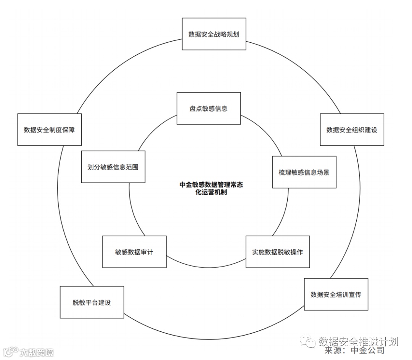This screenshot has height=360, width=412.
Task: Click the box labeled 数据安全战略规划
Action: [x=214, y=34]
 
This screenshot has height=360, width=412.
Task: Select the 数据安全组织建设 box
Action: [x=352, y=130]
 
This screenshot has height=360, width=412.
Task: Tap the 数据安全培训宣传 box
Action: [x=336, y=294]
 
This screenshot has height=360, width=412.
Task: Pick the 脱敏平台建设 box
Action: [x=92, y=302]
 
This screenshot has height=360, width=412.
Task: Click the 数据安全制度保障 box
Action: [x=49, y=130]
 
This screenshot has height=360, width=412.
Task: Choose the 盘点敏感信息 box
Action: [x=208, y=108]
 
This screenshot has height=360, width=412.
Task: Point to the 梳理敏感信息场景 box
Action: [x=304, y=172]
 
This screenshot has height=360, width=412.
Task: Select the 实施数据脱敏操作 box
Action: [x=277, y=252]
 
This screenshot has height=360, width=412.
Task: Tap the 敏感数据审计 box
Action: [x=134, y=252]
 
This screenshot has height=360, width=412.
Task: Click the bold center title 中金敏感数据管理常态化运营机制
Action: [x=211, y=188]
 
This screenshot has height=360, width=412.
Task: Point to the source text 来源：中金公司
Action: [x=354, y=350]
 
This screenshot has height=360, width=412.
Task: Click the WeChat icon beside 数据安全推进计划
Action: [x=307, y=342]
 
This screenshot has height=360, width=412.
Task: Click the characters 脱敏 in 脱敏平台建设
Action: [x=79, y=302]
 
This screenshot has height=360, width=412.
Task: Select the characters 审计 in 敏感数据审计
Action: [x=147, y=252]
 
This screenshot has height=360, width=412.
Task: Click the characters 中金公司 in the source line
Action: [x=367, y=350]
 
